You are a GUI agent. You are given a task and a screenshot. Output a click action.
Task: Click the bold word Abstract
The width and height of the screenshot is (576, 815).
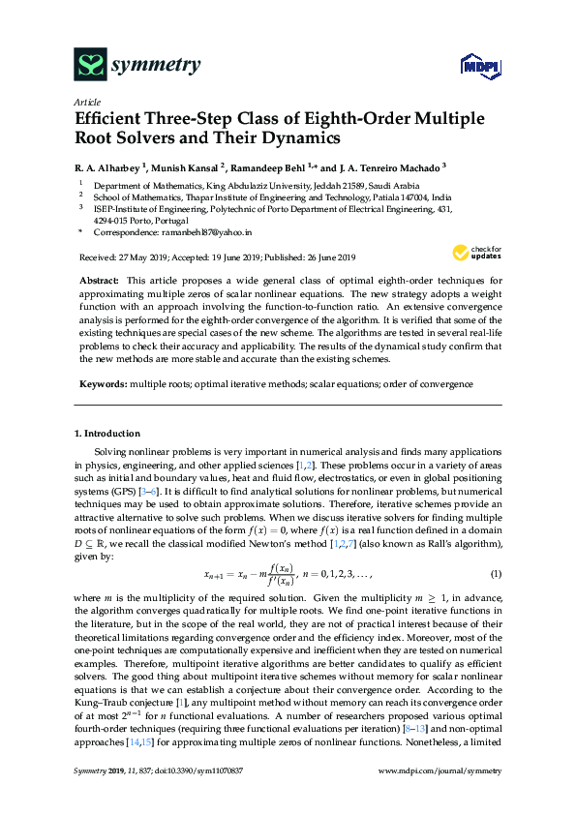(x=99, y=279)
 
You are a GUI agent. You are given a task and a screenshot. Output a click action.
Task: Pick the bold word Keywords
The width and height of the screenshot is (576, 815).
(x=103, y=384)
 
